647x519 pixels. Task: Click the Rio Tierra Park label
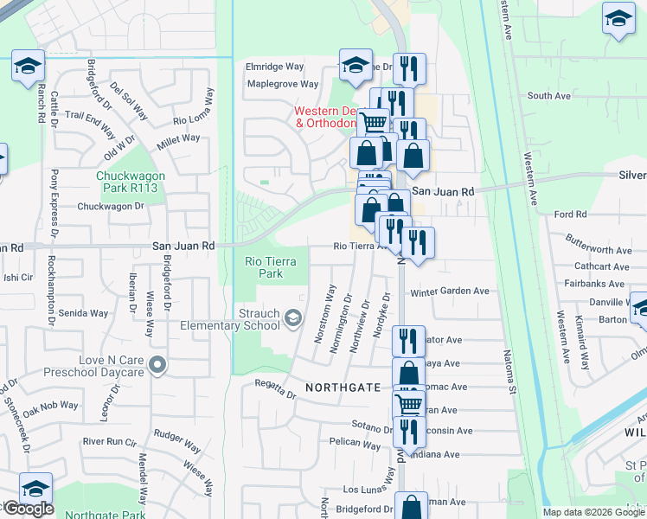point(265,267)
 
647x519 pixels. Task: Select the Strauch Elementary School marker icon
point(293,319)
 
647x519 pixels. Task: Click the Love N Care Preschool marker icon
point(157,366)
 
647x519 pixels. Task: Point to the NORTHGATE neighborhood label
point(343,388)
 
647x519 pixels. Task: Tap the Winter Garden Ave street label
point(450,292)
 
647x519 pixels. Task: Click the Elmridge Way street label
point(275,66)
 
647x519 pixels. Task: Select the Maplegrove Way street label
point(282,85)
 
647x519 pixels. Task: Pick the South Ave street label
point(550,96)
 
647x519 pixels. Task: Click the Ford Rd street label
point(570,215)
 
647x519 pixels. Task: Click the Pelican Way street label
point(355,445)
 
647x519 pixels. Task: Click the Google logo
point(28,509)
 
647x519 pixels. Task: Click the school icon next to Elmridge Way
point(355,65)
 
